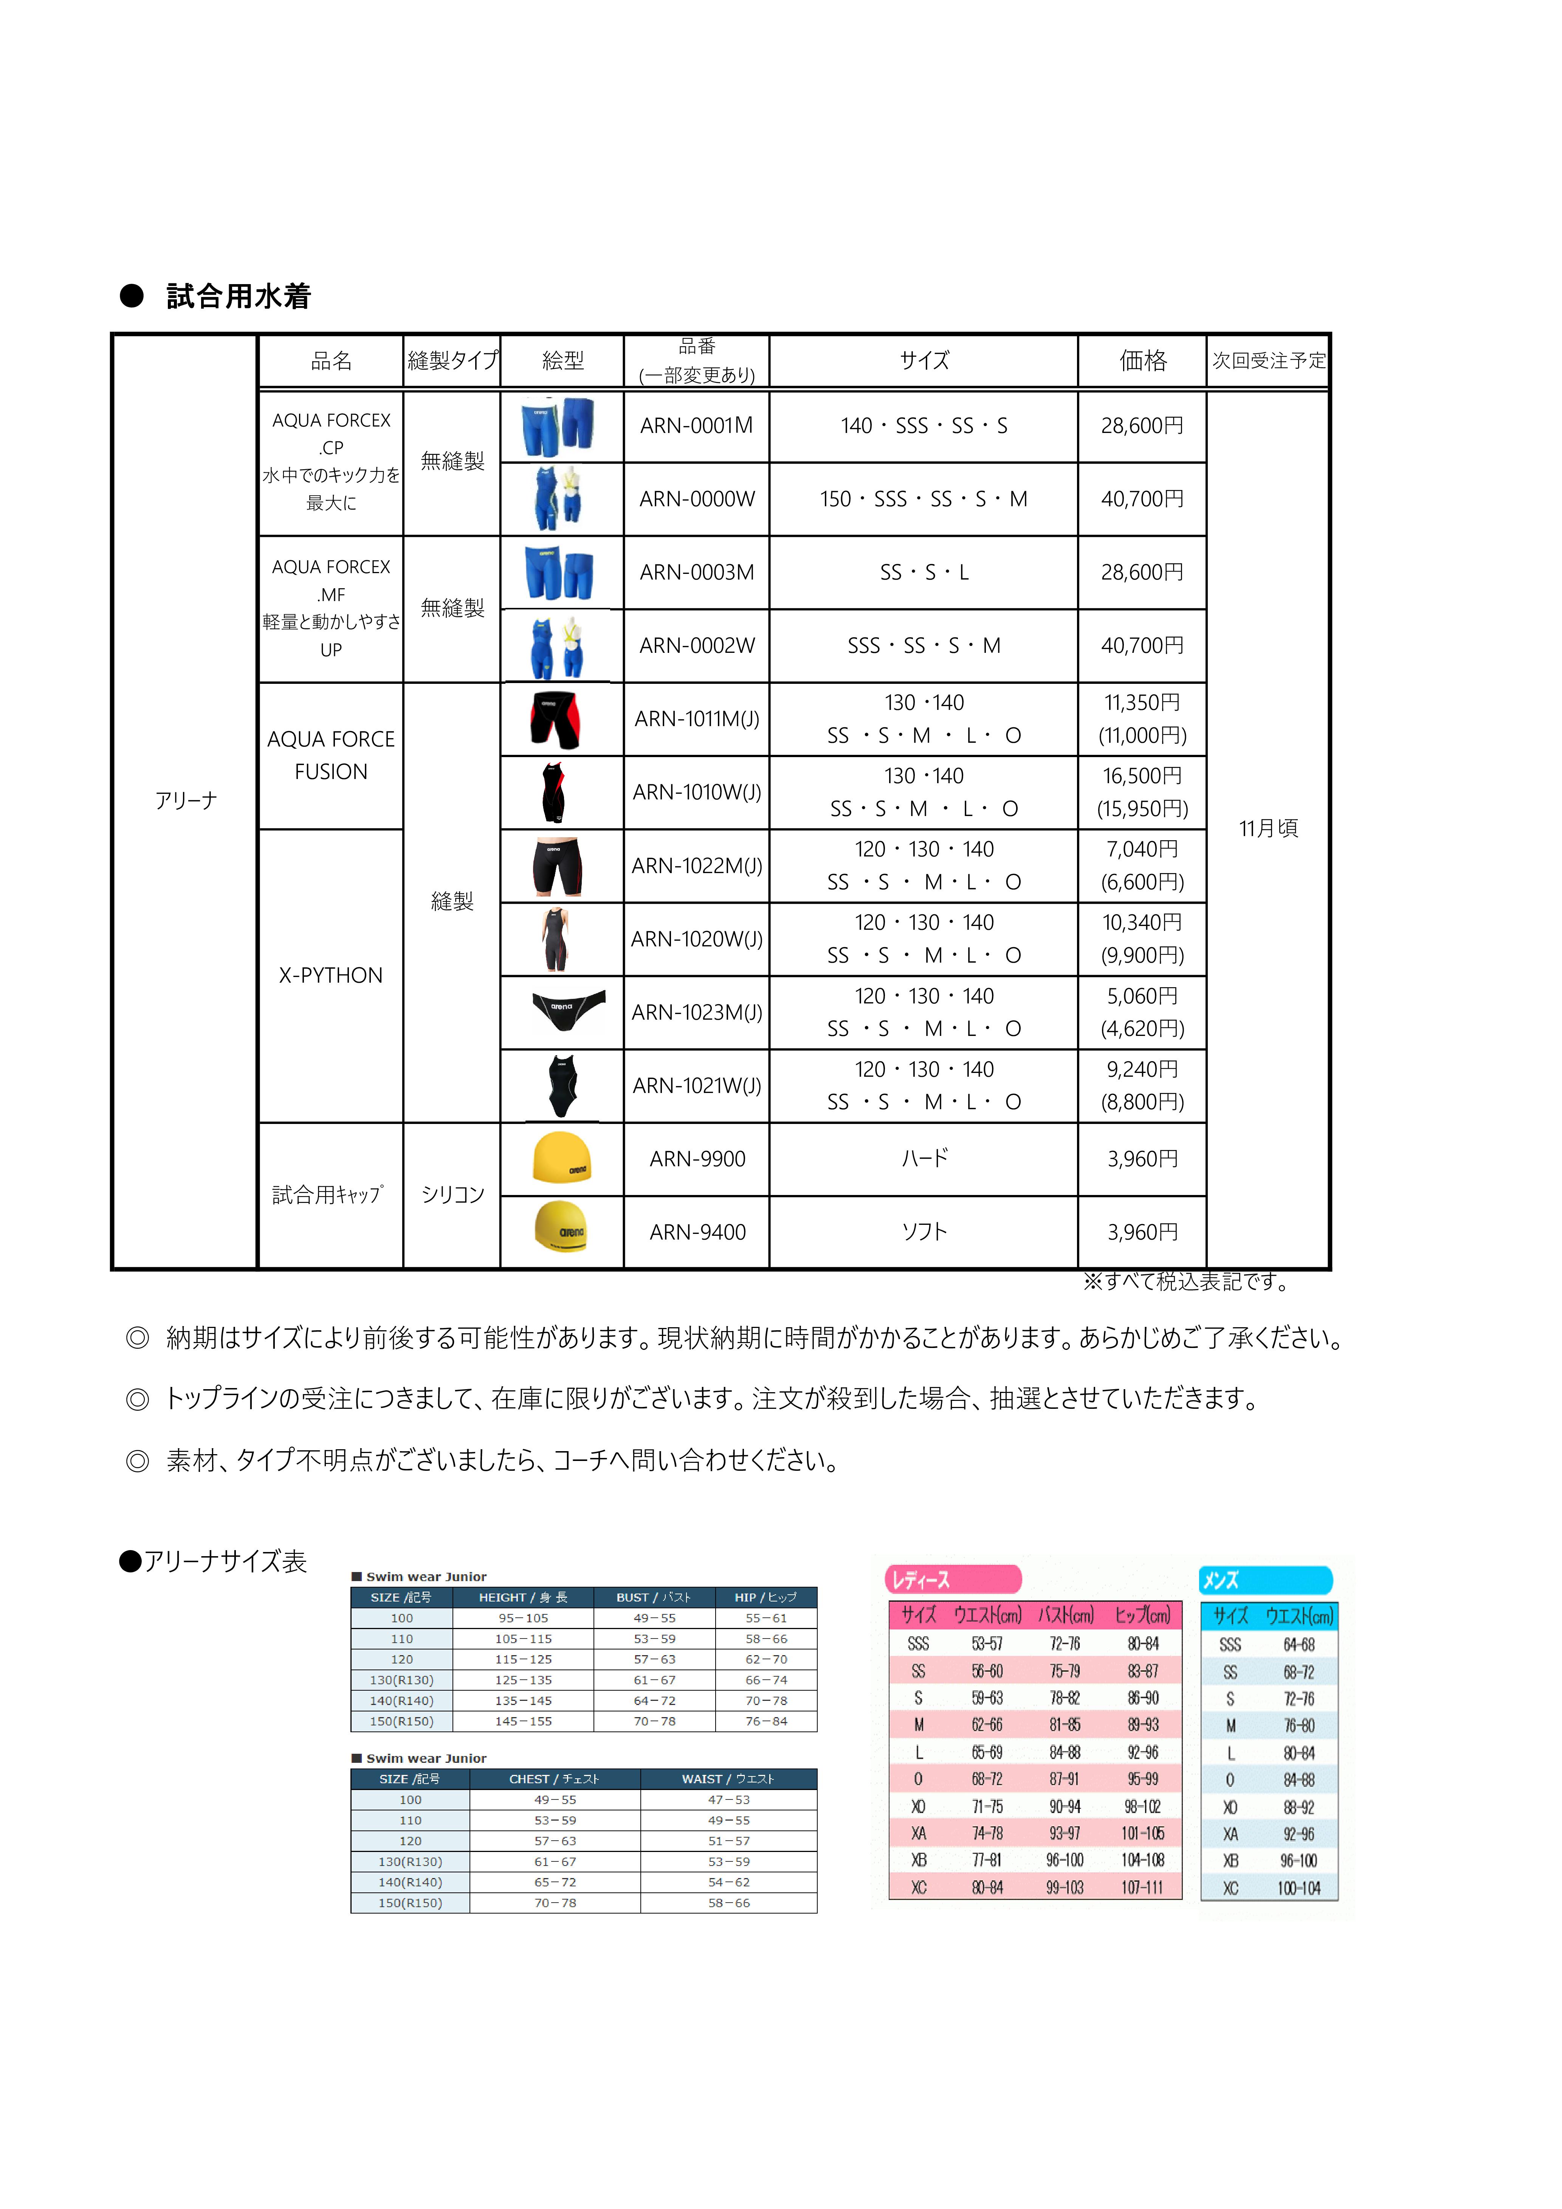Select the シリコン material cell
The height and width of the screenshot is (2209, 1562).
point(452,1195)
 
